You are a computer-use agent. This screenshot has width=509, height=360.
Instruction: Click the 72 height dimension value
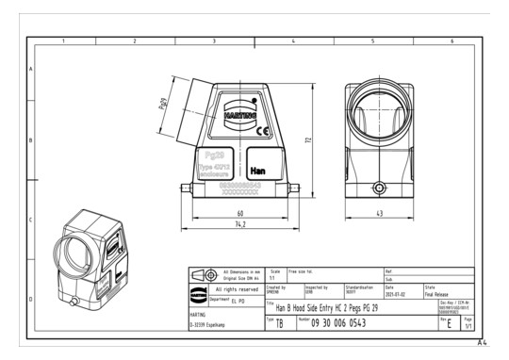pyautogui.click(x=307, y=139)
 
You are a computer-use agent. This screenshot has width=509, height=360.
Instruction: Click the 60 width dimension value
pyautogui.click(x=239, y=213)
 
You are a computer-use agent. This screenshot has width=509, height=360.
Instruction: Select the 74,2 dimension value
pyautogui.click(x=239, y=226)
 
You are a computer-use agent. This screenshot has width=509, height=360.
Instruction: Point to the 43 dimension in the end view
pyautogui.click(x=379, y=213)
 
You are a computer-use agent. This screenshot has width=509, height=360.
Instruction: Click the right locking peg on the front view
pyautogui.click(x=300, y=188)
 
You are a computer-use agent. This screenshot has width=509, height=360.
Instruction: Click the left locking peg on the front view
pyautogui.click(x=180, y=188)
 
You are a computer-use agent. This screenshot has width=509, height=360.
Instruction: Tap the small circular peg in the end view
pyautogui.click(x=379, y=187)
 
